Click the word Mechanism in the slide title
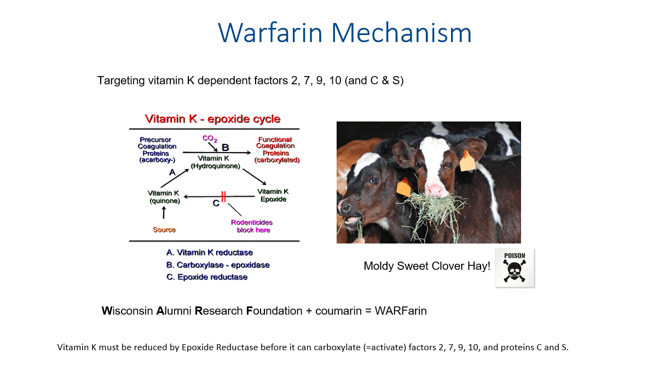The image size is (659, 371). coord(401,33)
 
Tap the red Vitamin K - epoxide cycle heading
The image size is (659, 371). coord(212,119)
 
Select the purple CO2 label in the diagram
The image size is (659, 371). coord(210,138)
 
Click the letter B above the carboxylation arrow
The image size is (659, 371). coord(225,147)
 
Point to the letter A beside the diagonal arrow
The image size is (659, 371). coord(172,172)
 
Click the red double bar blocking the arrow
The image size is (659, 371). coord(223,196)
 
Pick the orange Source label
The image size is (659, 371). coord(164,229)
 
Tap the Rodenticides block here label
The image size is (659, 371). coord(252,226)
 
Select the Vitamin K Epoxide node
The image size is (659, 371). coord(273,195)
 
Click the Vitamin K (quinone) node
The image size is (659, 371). coord(164,197)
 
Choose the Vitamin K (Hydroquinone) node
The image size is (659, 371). coord(215,162)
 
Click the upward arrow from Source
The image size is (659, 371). coord(164,212)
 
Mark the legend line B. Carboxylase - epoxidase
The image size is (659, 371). coord(218,265)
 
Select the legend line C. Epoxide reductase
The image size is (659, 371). coord(207,277)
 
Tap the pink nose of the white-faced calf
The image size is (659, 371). coord(435,189)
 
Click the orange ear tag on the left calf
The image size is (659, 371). coord(403,187)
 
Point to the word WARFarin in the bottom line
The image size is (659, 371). coord(401,311)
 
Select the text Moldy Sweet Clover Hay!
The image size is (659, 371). coord(427,266)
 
